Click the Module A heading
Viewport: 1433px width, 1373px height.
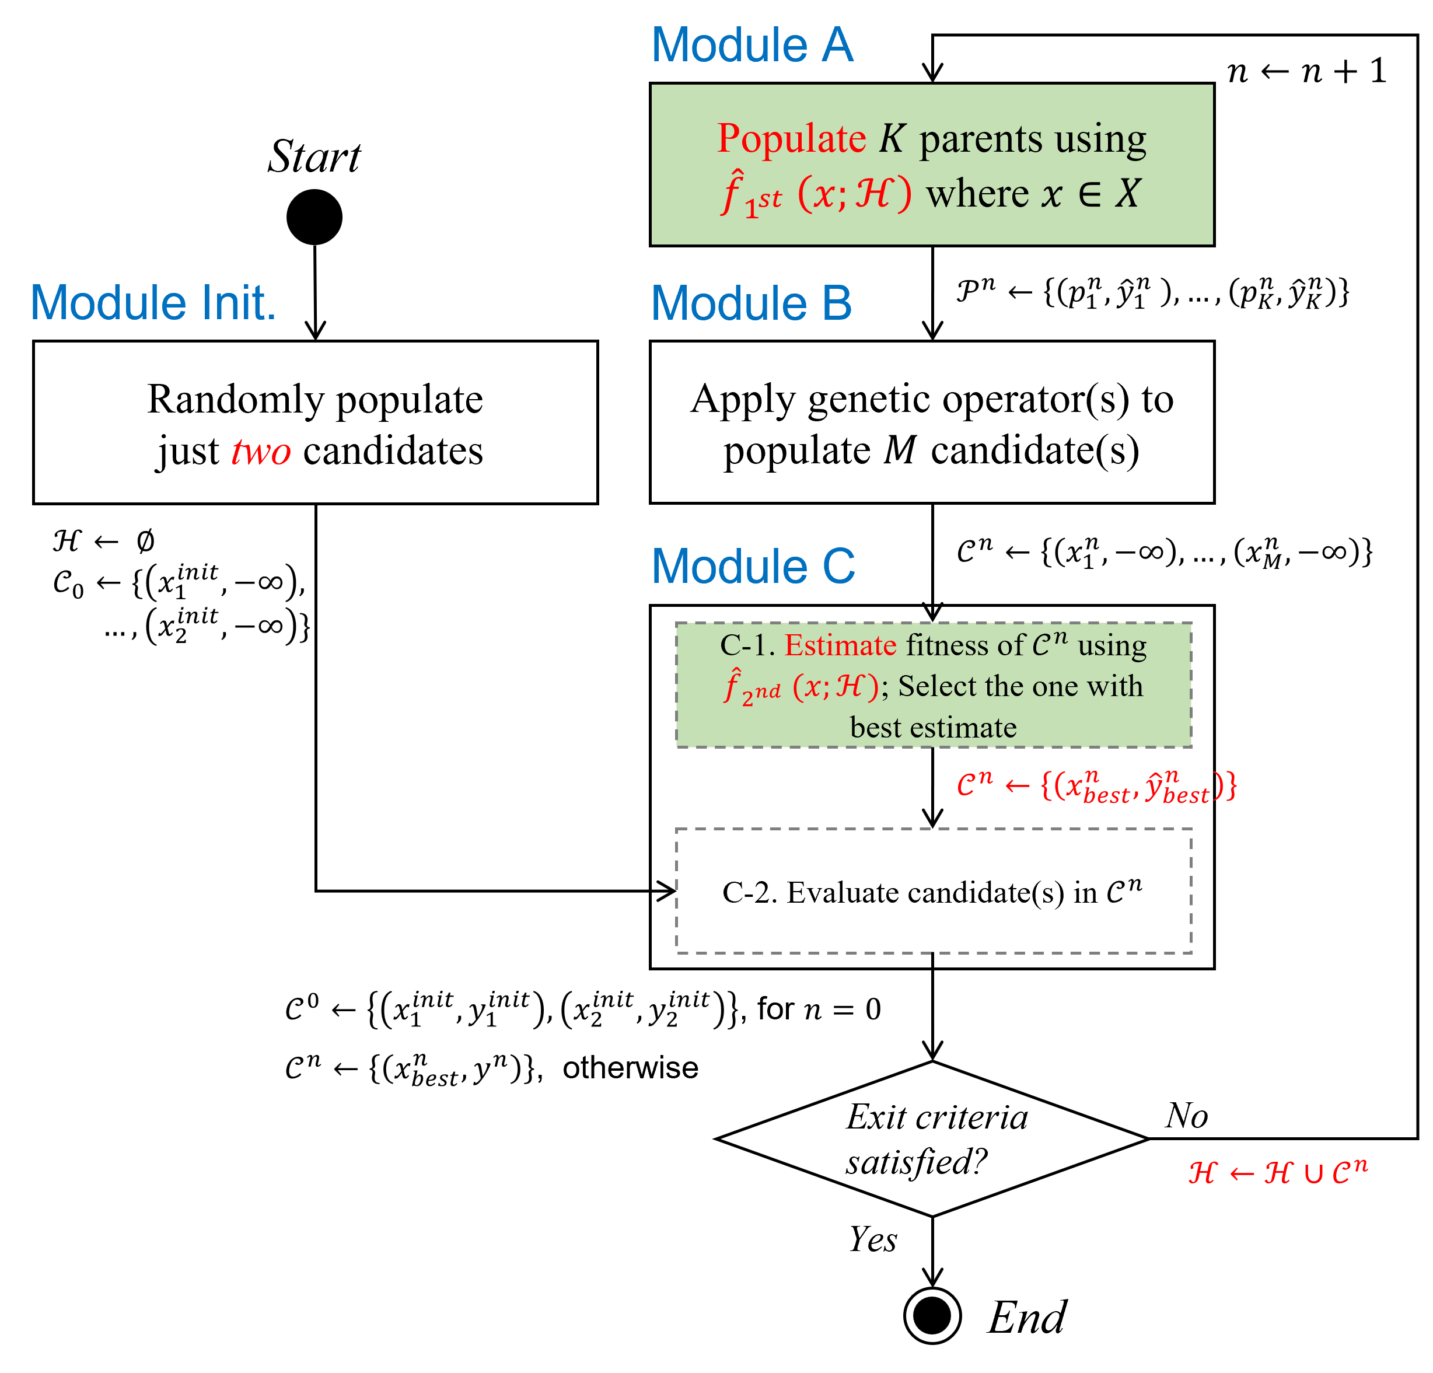tap(752, 46)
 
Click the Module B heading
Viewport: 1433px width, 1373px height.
tap(751, 303)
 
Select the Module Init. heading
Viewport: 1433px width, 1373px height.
tap(153, 303)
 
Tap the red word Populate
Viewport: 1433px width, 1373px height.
tap(791, 138)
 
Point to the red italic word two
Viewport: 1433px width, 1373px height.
tap(261, 452)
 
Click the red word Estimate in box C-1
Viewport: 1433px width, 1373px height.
tap(840, 645)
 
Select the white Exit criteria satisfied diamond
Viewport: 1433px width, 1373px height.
tap(932, 1138)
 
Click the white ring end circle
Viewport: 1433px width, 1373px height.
tap(932, 1315)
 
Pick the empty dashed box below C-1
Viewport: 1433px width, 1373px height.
tap(933, 890)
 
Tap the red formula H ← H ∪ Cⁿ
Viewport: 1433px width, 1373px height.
tap(1277, 1171)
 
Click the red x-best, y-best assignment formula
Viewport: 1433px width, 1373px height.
tap(1097, 787)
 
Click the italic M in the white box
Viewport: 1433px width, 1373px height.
tap(899, 450)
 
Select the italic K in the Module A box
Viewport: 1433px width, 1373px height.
tap(892, 138)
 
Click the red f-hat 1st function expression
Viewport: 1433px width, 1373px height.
tap(816, 194)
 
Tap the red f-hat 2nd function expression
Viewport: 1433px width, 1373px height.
tap(801, 686)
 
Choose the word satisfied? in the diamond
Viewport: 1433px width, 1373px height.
tap(917, 1161)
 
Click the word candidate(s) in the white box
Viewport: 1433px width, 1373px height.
tap(1034, 450)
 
